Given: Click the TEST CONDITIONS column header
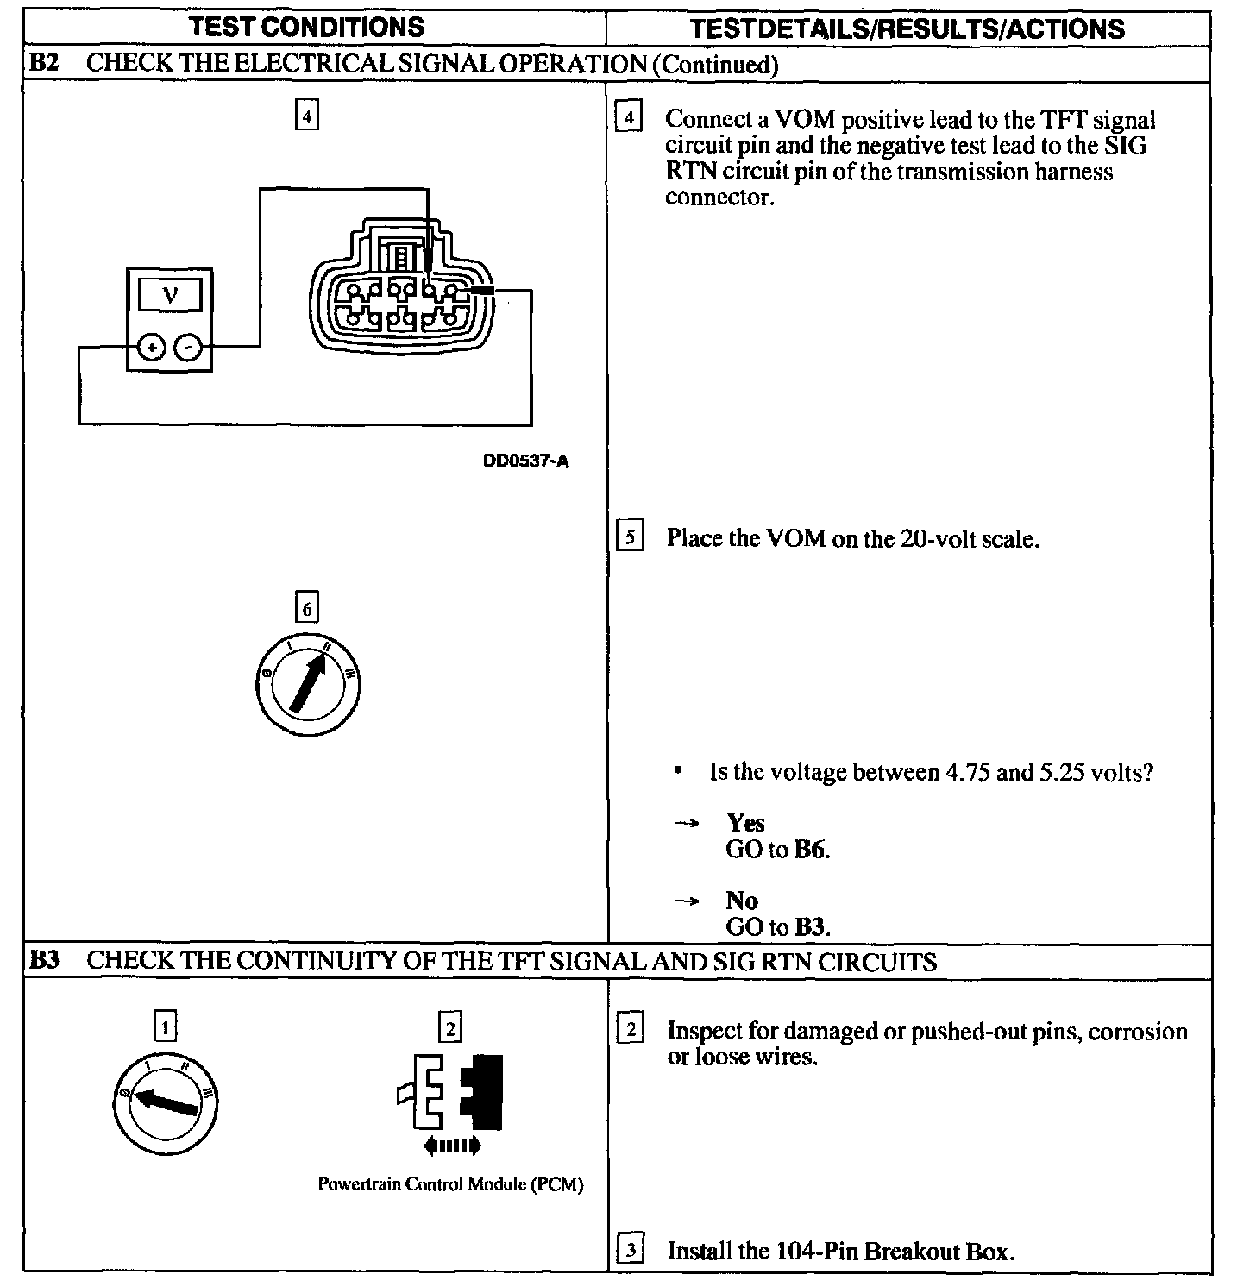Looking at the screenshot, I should pos(307,27).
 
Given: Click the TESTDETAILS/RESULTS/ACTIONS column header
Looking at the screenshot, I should pos(907,29).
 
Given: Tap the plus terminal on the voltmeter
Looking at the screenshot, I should pos(151,348).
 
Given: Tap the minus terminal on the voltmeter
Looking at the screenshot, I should pos(188,348).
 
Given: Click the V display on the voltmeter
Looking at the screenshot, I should pos(170,295).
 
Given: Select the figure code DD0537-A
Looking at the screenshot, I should pos(525,461).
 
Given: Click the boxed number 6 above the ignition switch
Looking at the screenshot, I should pos(306,609).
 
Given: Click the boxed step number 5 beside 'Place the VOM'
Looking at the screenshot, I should pos(631,538).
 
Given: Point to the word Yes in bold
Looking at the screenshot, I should pos(745,823).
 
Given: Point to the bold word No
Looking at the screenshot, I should pos(742,901).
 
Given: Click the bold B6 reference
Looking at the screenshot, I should pos(810,850).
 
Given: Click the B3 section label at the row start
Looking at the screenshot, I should pos(44,960).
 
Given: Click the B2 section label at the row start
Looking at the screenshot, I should pos(44,63).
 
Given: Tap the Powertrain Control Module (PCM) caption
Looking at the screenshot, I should pos(450,1184).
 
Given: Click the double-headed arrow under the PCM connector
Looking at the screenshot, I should pos(452,1146).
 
